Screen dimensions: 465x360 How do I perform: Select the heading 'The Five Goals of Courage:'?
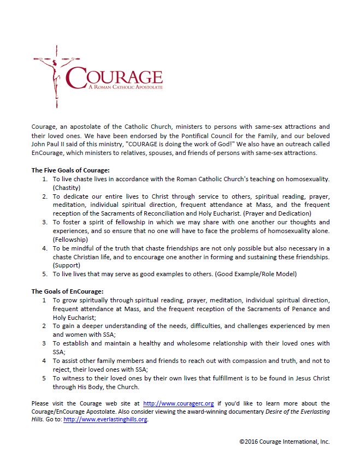pyautogui.click(x=70, y=170)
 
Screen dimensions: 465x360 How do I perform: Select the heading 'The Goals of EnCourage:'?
pyautogui.click(x=67, y=291)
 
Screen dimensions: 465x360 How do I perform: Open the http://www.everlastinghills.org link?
pyautogui.click(x=105, y=420)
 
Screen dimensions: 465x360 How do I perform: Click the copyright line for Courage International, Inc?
pyautogui.click(x=284, y=441)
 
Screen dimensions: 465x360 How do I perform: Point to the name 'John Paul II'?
pyautogui.click(x=49, y=144)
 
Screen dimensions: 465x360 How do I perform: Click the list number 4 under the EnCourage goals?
pyautogui.click(x=44, y=361)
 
